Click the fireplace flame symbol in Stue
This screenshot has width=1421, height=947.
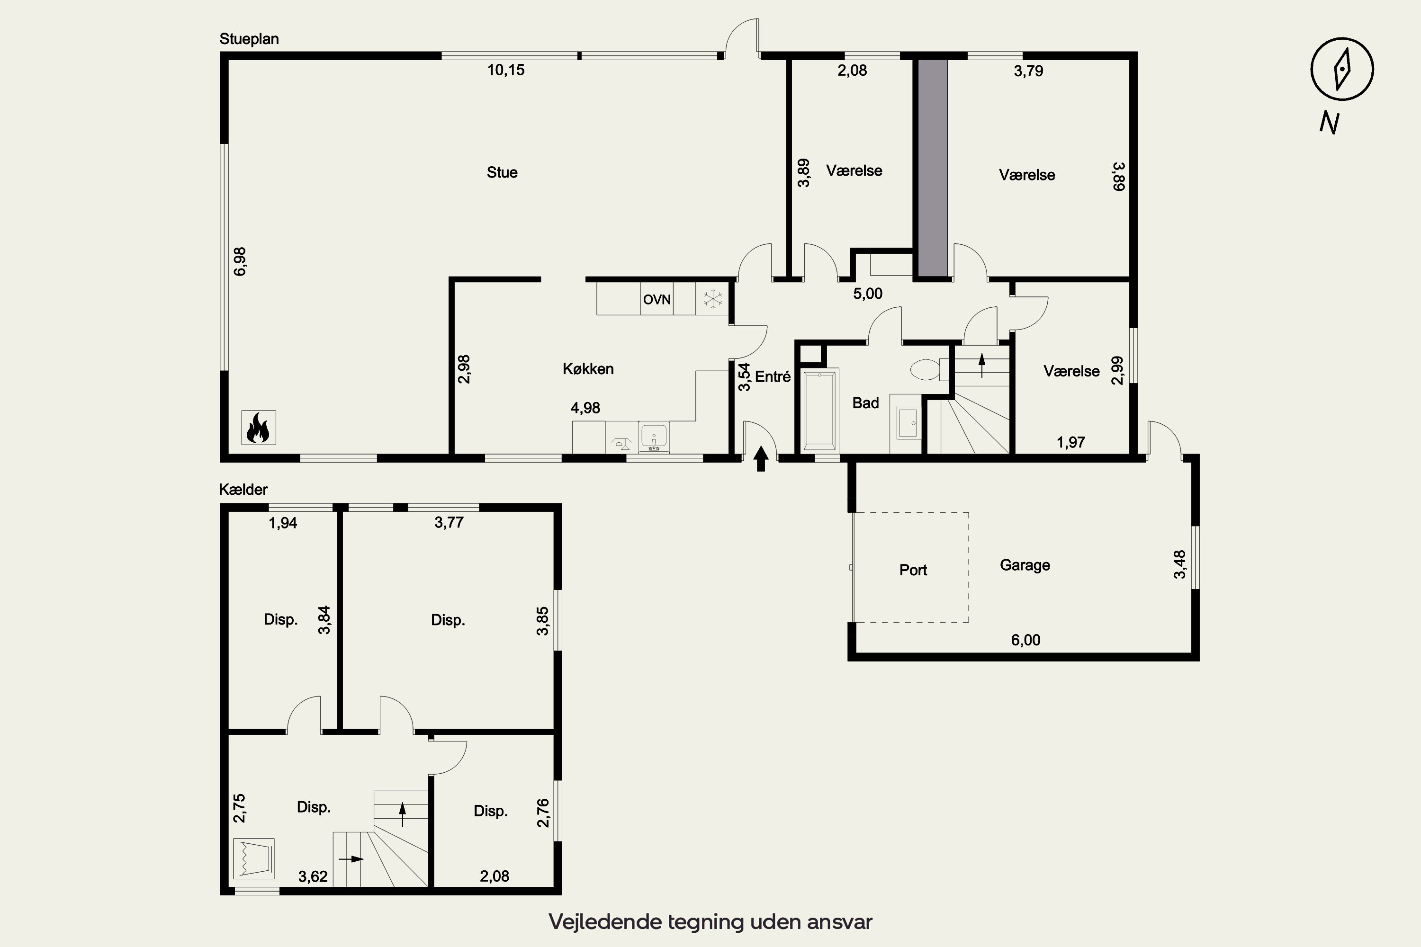coord(259,428)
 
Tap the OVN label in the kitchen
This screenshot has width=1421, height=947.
coord(657,300)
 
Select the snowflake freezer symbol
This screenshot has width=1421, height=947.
coord(713,299)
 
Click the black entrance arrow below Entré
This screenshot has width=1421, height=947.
coord(761,458)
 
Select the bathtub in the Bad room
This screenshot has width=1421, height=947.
coord(820,410)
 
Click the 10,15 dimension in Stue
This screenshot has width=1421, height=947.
coord(506,70)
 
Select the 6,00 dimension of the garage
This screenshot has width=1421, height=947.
coord(1026,640)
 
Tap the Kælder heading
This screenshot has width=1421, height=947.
coord(243,489)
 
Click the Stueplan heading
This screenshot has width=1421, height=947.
coord(249,39)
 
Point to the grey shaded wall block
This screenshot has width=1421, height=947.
coord(933,169)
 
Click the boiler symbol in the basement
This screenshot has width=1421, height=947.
coord(254,858)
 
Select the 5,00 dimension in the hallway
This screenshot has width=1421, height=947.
coord(868,294)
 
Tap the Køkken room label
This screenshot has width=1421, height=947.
coord(588,369)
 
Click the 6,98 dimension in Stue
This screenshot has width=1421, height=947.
coord(240,261)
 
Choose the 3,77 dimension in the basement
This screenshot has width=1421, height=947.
coord(449,522)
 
